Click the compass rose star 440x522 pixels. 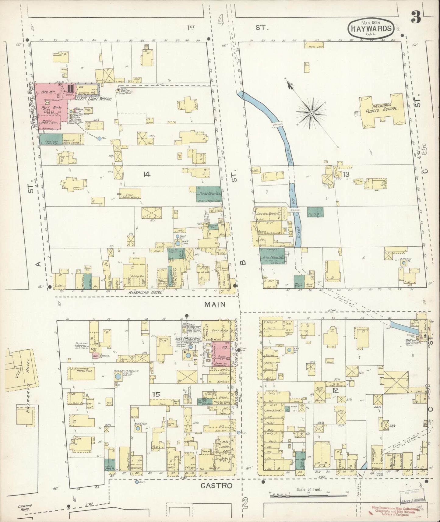point(311,113)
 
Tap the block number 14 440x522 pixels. point(147,174)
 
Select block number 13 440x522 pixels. point(346,174)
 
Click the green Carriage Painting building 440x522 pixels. point(51,139)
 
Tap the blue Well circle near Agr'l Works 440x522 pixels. point(100,139)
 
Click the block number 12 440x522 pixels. point(335,390)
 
